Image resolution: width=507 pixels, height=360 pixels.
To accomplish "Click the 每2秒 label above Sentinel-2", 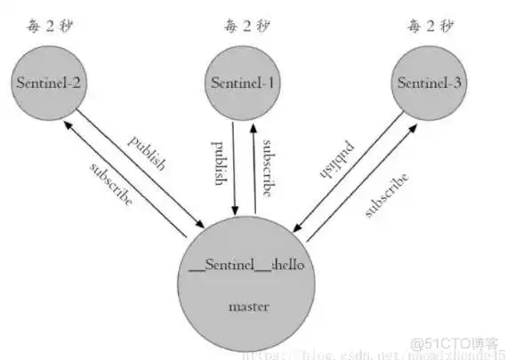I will (50, 25).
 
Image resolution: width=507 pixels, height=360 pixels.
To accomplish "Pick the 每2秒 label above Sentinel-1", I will (242, 25).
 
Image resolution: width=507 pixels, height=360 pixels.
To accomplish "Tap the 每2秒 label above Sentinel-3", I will (431, 25).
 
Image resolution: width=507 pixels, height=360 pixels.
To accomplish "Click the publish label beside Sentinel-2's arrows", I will (147, 153).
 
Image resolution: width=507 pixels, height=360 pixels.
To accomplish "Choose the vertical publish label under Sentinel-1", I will (219, 162).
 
